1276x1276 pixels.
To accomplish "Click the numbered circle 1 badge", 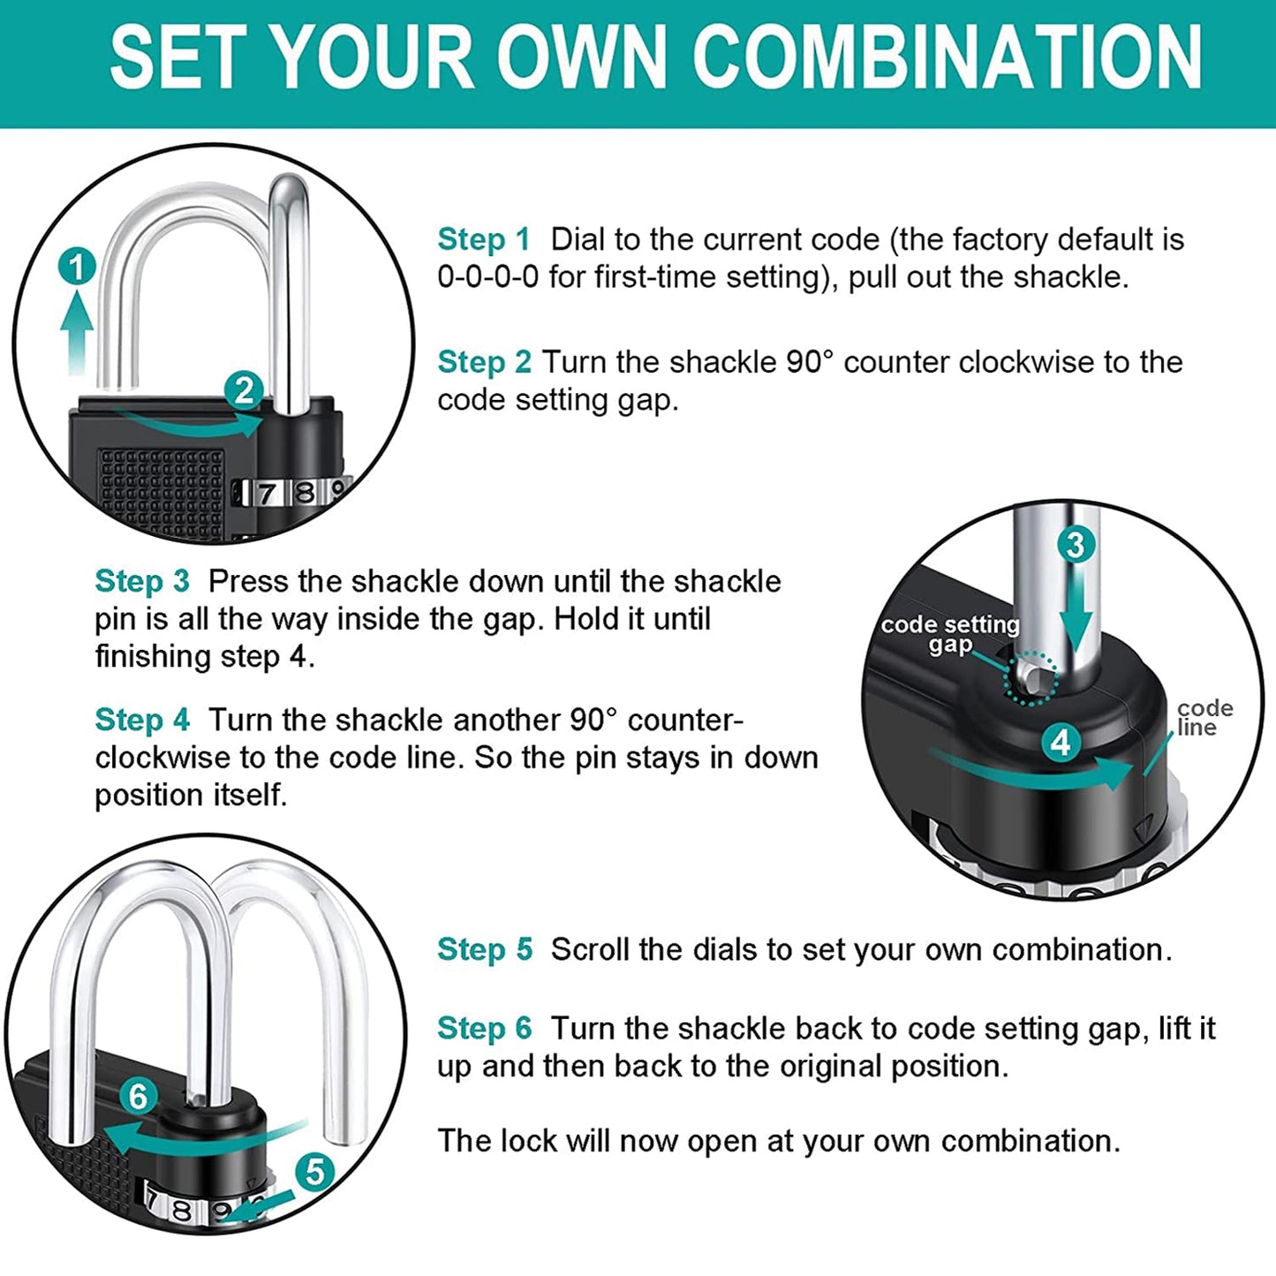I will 78,267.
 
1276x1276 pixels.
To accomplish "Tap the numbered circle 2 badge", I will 244,389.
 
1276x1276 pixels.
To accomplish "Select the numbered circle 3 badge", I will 1075,544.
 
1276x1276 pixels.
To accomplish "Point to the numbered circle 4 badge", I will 1061,742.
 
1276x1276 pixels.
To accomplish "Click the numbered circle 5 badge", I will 314,1172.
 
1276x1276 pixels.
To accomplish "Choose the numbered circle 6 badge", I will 138,1096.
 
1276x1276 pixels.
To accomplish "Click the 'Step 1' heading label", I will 483,239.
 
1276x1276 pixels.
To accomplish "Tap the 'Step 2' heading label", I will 483,362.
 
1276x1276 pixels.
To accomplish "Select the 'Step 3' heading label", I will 141,581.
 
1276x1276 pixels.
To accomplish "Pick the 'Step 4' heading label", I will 141,720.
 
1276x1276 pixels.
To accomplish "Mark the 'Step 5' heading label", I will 484,949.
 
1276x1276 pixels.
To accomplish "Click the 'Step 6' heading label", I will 484,1028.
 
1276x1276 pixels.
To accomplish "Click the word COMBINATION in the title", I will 947,57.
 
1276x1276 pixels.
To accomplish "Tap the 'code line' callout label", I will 1204,718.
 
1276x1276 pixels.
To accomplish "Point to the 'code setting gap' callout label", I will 950,634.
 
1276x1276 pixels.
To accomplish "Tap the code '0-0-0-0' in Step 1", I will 487,277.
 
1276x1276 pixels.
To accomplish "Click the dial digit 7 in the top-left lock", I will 266,493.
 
